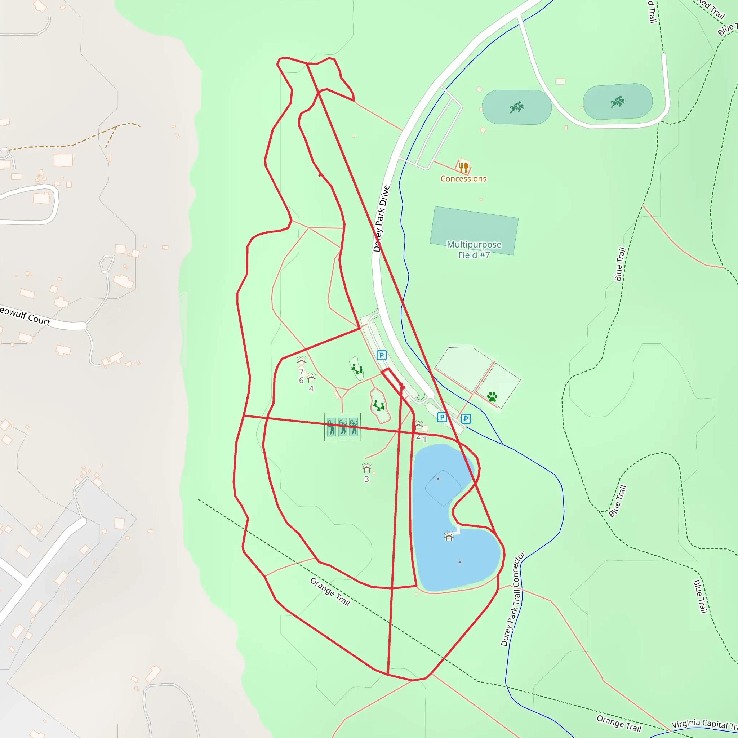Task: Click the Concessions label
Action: point(463,179)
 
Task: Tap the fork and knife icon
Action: point(463,167)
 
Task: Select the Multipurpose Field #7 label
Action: point(474,249)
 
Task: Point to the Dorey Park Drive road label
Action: point(381,218)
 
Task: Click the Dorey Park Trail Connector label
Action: point(513,599)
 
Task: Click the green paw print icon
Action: point(492,396)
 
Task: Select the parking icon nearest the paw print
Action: point(466,419)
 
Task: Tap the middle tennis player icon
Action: point(343,427)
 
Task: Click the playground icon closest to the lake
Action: point(379,405)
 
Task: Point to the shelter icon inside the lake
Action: point(449,537)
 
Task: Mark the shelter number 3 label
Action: point(366,479)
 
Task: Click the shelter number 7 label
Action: point(301,372)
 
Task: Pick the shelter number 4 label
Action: point(311,388)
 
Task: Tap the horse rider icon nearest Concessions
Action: point(516,107)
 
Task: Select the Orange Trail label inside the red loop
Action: point(330,592)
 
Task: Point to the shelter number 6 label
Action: point(301,381)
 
